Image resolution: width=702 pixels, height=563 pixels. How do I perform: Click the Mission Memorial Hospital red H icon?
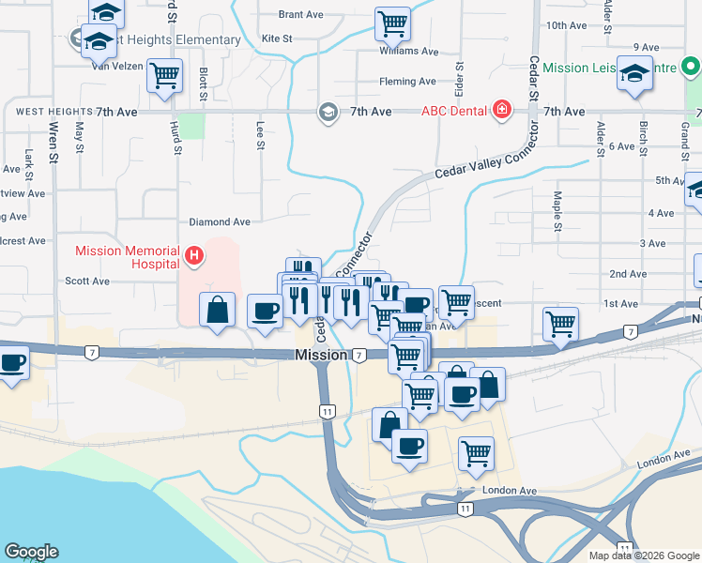click(x=194, y=255)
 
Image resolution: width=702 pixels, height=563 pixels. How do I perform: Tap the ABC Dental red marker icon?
click(x=502, y=111)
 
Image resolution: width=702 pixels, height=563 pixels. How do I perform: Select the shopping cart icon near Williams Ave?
click(x=392, y=23)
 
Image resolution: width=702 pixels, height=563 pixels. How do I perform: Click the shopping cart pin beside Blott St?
click(x=166, y=75)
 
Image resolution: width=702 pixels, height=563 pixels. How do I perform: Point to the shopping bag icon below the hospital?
click(x=217, y=310)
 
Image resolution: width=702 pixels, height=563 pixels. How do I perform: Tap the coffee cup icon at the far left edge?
click(x=12, y=362)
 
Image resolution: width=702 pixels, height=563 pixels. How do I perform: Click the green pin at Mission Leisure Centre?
click(x=690, y=68)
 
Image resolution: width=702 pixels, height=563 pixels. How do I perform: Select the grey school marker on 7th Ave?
click(x=328, y=112)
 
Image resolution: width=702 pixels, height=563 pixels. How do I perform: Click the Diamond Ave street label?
click(x=220, y=222)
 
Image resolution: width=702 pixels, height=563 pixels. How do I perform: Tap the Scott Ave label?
click(x=87, y=281)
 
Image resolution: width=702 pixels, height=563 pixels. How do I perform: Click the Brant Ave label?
click(x=300, y=15)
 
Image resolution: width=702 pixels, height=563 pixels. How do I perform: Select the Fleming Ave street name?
click(x=407, y=82)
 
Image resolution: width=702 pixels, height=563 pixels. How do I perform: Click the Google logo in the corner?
click(x=32, y=552)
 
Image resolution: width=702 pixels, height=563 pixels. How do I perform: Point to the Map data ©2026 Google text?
click(x=643, y=555)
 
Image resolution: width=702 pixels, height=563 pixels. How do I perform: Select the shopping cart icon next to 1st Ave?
click(x=559, y=324)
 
